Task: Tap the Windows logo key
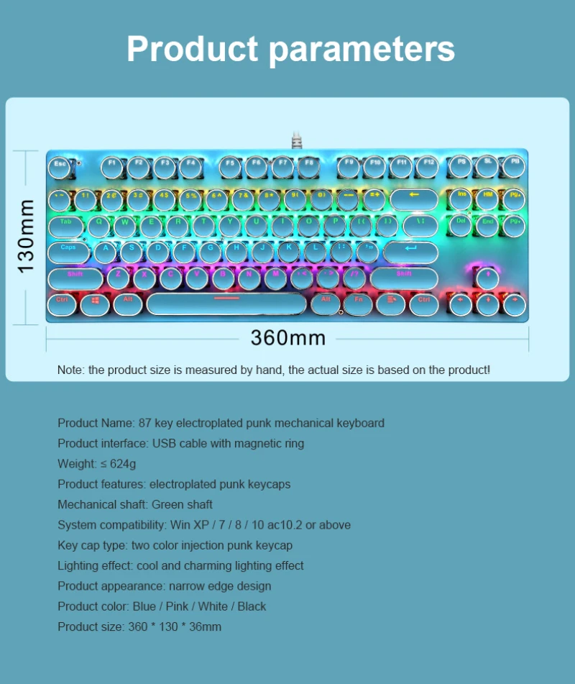(x=95, y=303)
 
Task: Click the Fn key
(x=357, y=303)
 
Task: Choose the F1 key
(x=112, y=166)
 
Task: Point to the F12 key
(x=427, y=166)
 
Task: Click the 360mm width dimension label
(x=288, y=337)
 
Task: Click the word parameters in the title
(x=362, y=49)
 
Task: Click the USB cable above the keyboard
(x=296, y=139)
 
